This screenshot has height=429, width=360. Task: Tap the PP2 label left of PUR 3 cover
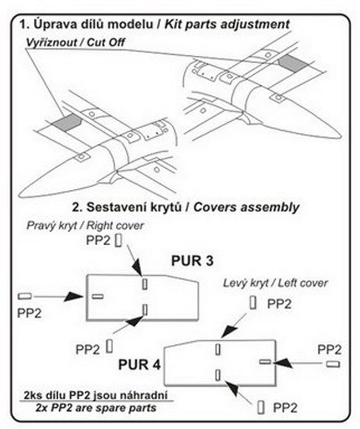click(x=29, y=313)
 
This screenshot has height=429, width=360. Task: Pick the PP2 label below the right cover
click(x=88, y=349)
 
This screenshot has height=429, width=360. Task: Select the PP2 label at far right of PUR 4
click(x=330, y=350)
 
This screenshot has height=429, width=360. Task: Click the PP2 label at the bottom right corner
click(x=285, y=408)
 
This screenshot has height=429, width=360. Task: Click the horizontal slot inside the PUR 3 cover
click(x=97, y=297)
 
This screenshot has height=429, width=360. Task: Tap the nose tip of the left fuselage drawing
click(x=20, y=194)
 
